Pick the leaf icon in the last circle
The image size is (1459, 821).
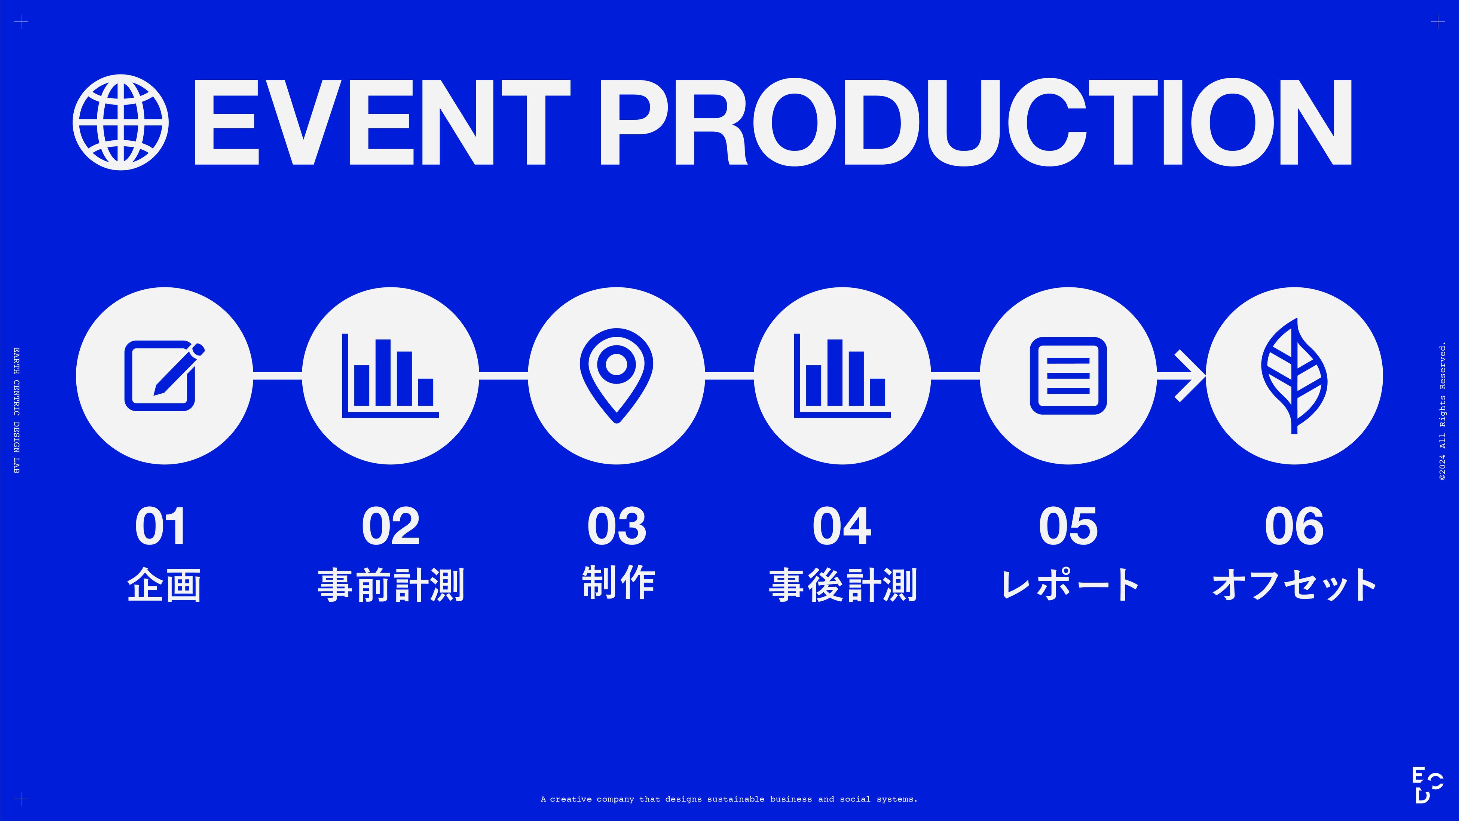point(1294,376)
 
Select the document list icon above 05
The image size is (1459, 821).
point(1068,376)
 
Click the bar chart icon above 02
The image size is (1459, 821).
point(390,376)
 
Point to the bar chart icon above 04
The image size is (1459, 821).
point(842,376)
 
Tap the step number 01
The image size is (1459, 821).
point(160,527)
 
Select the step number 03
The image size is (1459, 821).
point(616,527)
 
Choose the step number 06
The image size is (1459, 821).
point(1294,527)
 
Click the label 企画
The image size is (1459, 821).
point(164,585)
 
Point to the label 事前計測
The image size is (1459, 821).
point(391,585)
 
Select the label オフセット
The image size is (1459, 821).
point(1294,585)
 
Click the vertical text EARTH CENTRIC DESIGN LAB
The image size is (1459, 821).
point(16,411)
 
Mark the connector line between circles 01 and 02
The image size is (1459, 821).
point(278,376)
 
